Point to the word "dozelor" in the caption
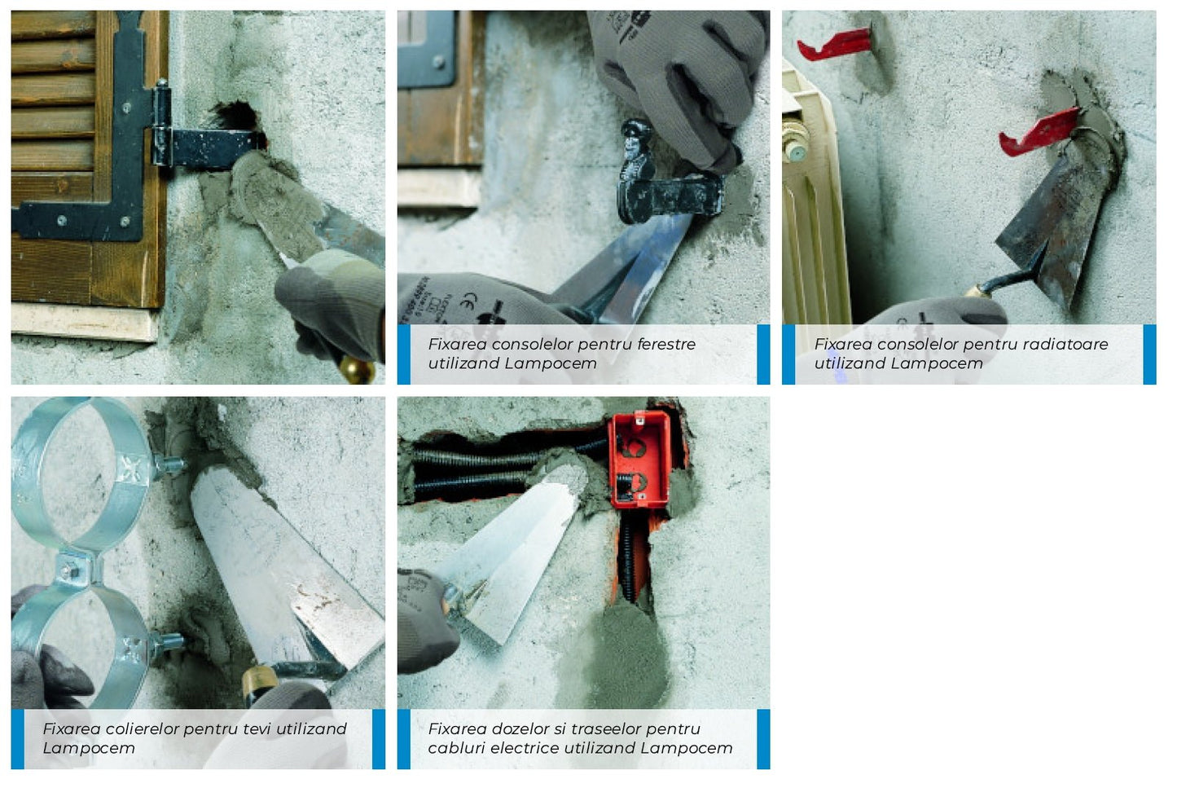coord(521,728)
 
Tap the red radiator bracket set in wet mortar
coord(1039,132)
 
